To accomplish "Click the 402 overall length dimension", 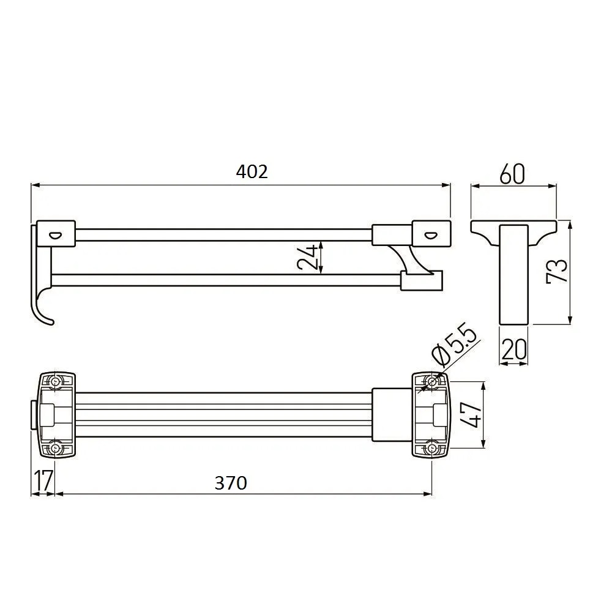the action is point(252,172).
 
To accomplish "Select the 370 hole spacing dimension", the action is point(231,483).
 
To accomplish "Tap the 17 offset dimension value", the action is point(43,480).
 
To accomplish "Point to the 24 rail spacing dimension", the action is point(307,258).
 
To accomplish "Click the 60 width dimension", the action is point(512,174).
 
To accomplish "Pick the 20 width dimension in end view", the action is point(513,349).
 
